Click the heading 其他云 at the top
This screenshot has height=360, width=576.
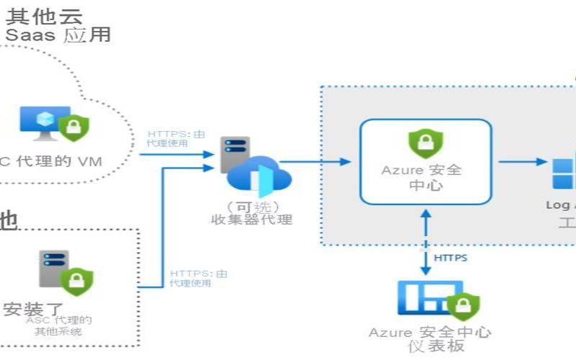pos(45,15)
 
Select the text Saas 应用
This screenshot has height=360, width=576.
pos(58,34)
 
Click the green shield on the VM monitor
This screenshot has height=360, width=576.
pos(73,127)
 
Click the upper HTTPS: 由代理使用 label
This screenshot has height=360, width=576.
pos(168,138)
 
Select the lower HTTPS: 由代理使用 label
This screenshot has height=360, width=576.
pos(199,278)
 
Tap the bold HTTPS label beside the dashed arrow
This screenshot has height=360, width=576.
pos(451,257)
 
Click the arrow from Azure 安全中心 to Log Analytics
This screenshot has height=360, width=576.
pos(522,161)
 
